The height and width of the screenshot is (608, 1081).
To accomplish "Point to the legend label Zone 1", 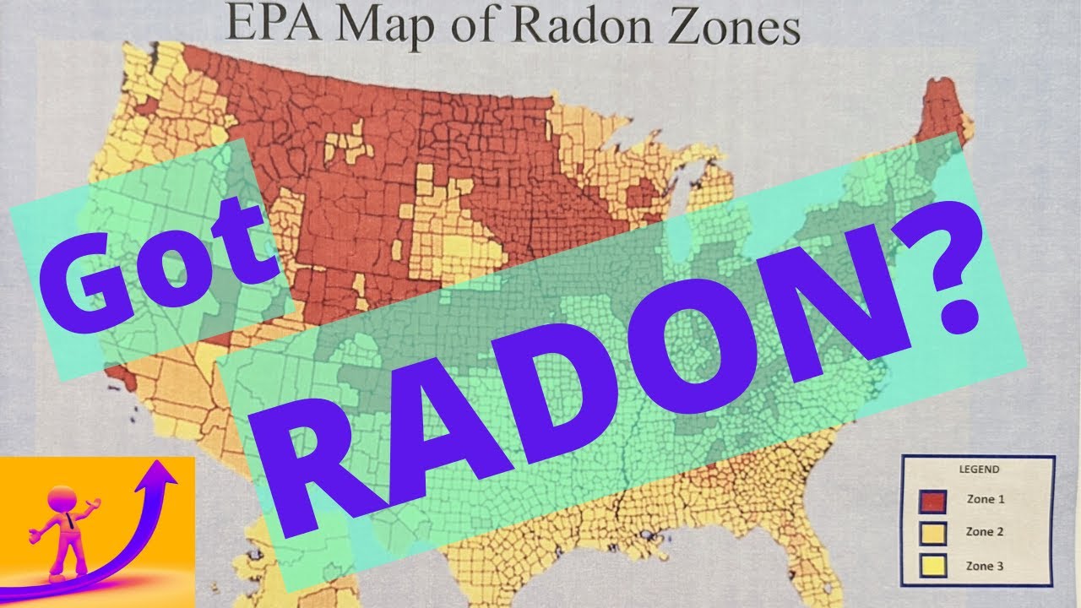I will tap(986, 499).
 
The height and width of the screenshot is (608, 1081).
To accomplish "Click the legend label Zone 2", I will tap(986, 532).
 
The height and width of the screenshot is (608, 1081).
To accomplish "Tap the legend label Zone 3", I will tap(986, 566).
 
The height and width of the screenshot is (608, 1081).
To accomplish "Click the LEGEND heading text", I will tap(979, 470).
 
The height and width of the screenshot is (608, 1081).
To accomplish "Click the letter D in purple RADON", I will tap(524, 397).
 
